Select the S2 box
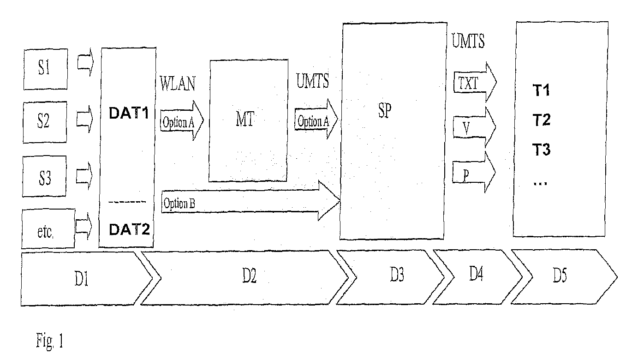click(x=44, y=123)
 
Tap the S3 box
click(x=44, y=178)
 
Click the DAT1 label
click(x=129, y=114)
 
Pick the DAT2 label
click(x=129, y=228)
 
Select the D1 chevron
click(x=85, y=278)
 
